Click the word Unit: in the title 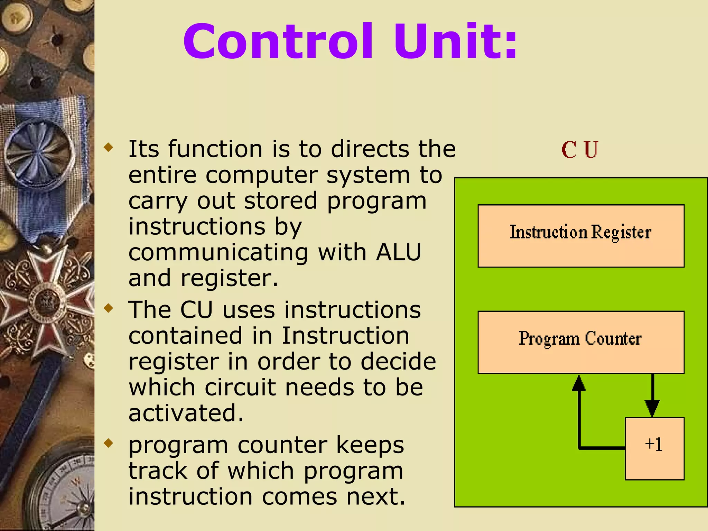pyautogui.click(x=456, y=42)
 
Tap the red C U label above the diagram pyautogui.click(x=580, y=150)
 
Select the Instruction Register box pyautogui.click(x=581, y=236)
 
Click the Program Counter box pyautogui.click(x=581, y=342)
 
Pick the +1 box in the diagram pyautogui.click(x=654, y=448)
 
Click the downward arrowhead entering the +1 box pyautogui.click(x=652, y=408)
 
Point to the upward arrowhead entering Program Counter pyautogui.click(x=579, y=383)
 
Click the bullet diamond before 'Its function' pyautogui.click(x=109, y=148)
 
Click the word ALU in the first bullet pyautogui.click(x=399, y=252)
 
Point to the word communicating pyautogui.click(x=218, y=253)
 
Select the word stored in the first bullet pyautogui.click(x=280, y=201)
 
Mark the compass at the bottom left pyautogui.click(x=66, y=494)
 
